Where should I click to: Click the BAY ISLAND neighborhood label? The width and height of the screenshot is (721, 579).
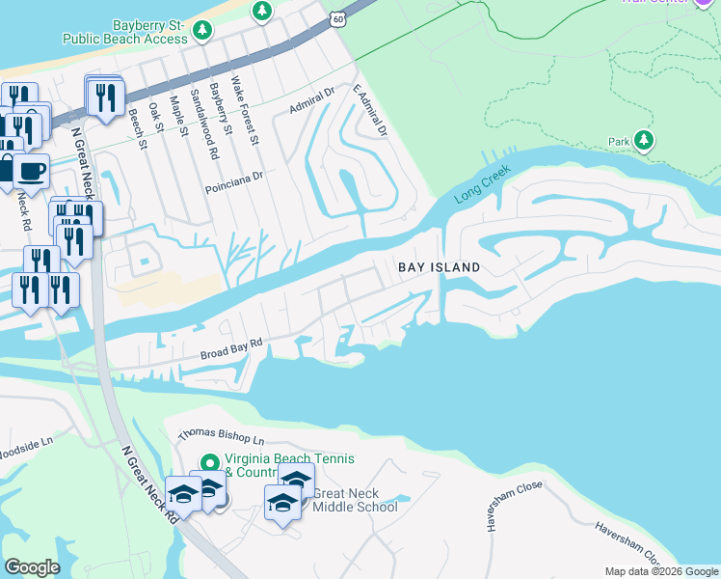[440, 266]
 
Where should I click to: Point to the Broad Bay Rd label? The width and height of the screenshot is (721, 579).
[231, 348]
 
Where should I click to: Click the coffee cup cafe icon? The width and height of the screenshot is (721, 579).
[30, 171]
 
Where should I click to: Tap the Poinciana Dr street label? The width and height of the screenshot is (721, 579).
[233, 177]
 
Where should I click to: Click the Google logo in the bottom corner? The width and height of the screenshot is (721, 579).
[32, 567]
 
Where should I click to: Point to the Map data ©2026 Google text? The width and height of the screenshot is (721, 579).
[660, 571]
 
